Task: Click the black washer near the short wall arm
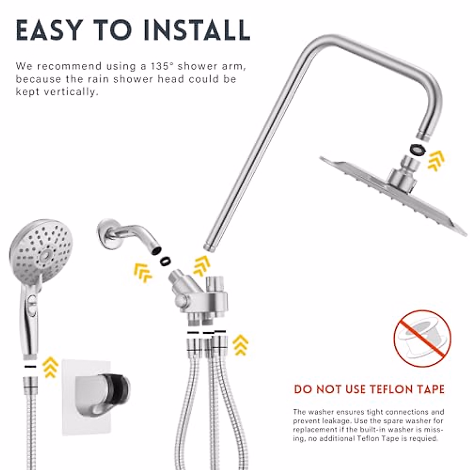(x=166, y=260)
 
